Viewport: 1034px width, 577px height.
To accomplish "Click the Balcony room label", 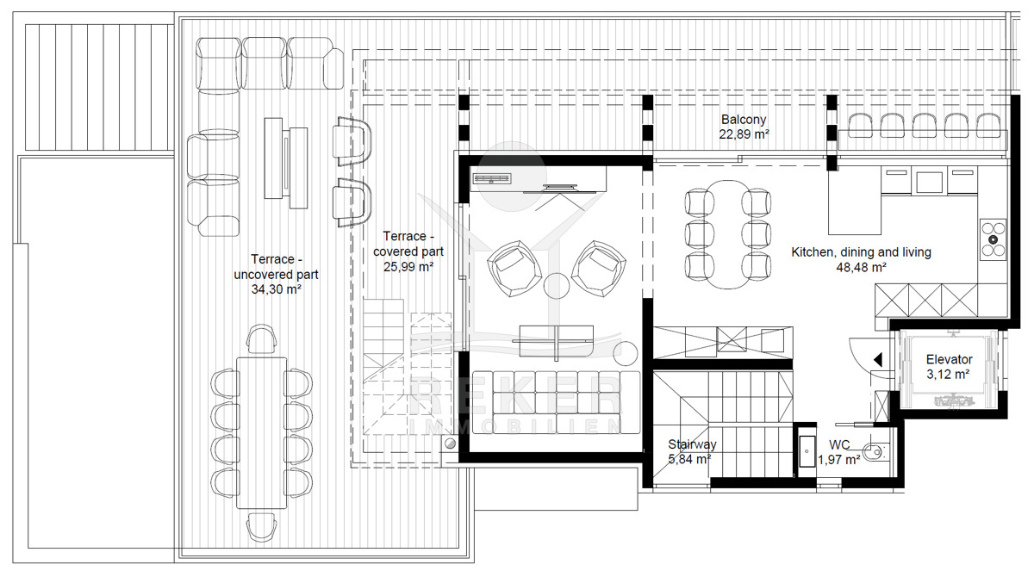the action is tap(743, 120).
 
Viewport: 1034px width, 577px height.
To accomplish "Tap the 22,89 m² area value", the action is tap(744, 134).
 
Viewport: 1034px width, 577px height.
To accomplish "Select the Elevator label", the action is tap(949, 359).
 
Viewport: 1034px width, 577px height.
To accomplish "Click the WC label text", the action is tap(839, 445).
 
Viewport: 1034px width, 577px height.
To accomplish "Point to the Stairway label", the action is tap(692, 444).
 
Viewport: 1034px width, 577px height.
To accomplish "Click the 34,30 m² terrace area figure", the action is tap(276, 289).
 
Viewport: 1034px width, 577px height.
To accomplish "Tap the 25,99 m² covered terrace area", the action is tap(408, 267).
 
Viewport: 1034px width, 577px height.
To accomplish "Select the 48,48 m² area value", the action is tap(861, 268).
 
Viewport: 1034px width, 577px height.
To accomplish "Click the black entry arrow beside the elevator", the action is tap(878, 360).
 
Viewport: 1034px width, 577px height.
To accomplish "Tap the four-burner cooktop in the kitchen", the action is tap(994, 239).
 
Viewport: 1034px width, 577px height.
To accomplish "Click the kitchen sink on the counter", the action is tap(929, 182).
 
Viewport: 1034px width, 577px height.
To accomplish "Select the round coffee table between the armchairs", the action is tap(557, 286).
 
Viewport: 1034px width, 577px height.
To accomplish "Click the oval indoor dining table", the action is tap(728, 234).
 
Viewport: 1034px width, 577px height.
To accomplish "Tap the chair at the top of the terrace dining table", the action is tap(262, 339).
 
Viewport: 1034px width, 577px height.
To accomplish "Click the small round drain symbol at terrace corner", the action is tap(450, 444).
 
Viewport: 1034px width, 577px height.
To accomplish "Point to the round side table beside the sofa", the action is tap(626, 353).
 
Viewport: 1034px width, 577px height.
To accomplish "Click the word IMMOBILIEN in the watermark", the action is tap(514, 426).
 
